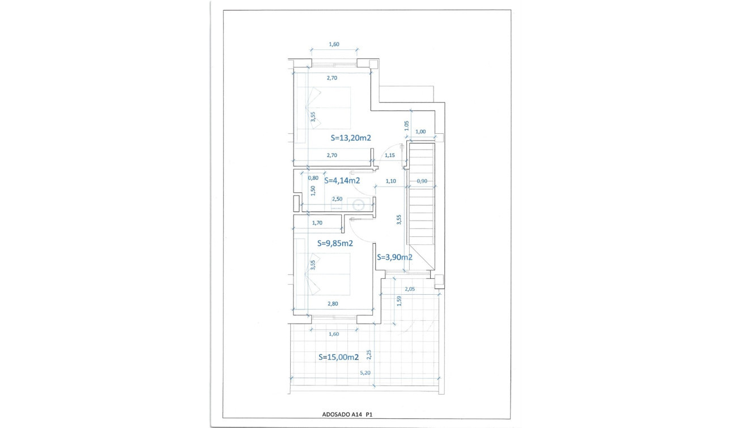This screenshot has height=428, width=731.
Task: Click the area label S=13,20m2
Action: coord(350,138)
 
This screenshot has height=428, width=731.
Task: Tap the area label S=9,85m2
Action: coord(335,244)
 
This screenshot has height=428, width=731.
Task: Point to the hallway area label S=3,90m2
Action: coord(394,257)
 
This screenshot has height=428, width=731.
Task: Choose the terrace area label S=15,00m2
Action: coord(338,358)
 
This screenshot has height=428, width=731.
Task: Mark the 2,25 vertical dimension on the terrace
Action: coord(369,354)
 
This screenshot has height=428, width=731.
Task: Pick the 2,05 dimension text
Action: coord(410,289)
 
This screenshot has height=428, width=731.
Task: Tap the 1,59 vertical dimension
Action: coord(399,302)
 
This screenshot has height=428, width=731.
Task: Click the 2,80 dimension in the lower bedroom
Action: coord(333,304)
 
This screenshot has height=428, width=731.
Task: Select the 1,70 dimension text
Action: coord(318,223)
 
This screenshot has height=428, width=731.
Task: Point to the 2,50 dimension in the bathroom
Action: coord(337,199)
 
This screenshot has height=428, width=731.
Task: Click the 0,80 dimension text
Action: coord(312,178)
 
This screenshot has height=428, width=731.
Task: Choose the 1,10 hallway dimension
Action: coord(390,181)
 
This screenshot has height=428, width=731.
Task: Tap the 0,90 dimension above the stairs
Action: coord(422,181)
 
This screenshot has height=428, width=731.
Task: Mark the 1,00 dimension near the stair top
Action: coord(420,132)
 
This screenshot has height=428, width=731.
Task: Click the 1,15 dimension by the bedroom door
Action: coord(390,155)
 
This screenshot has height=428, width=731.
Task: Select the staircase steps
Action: coord(422,204)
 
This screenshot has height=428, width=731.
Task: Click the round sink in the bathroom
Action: coord(358,205)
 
